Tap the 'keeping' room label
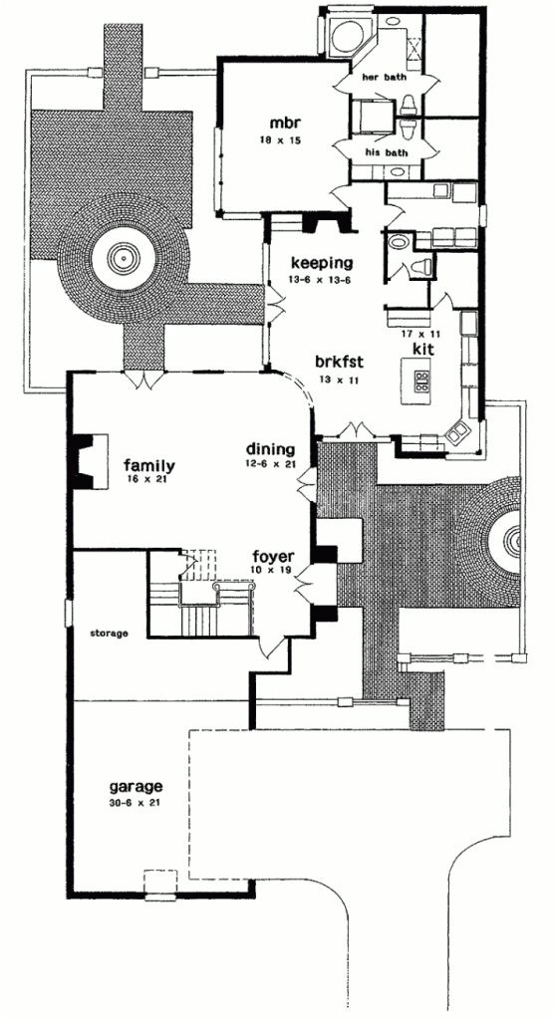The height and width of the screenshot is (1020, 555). pyautogui.click(x=322, y=263)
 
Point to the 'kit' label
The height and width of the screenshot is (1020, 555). pyautogui.click(x=420, y=352)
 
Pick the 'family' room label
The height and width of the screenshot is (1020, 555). pyautogui.click(x=149, y=465)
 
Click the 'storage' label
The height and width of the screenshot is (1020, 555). pyautogui.click(x=109, y=632)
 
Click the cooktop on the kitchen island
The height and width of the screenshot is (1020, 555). pyautogui.click(x=420, y=380)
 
